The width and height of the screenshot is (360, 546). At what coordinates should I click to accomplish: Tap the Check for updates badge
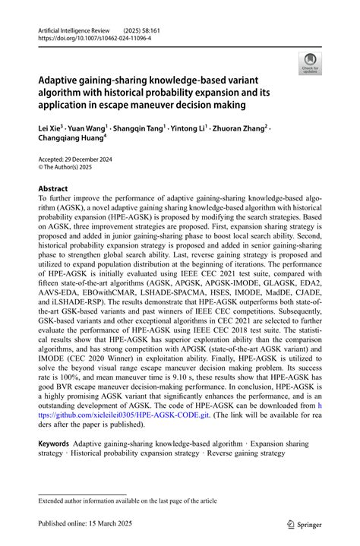(x=309, y=63)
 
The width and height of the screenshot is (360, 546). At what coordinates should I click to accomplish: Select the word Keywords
(x=54, y=443)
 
